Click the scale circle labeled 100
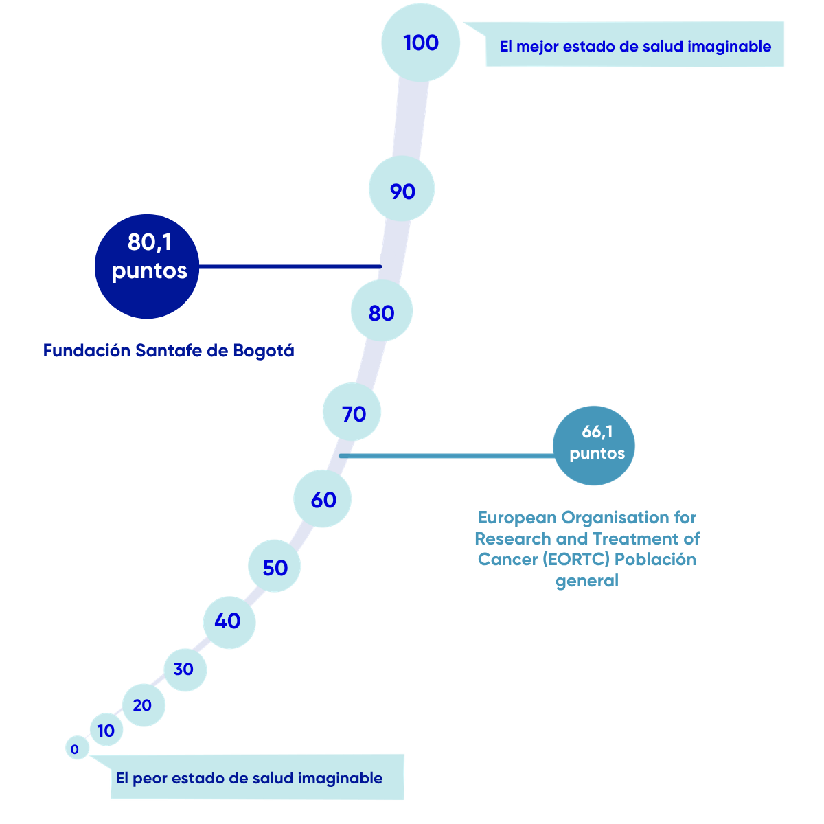420,43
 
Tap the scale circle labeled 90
402,189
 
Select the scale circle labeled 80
381,310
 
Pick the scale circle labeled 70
352,412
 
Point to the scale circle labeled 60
323,499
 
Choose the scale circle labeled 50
274,566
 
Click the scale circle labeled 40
229,623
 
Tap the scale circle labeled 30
185,670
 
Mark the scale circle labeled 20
144,705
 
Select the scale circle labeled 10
106,729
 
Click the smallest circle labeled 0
77,748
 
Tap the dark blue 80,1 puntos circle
147,266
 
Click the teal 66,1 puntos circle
593,446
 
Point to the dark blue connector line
290,267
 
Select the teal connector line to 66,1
446,456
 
